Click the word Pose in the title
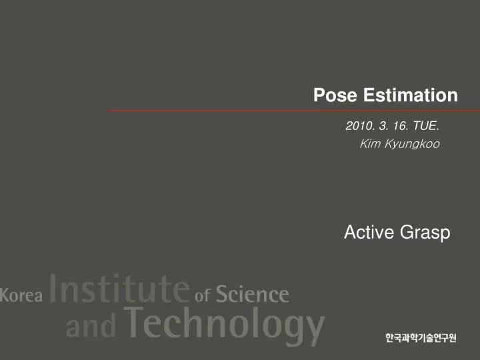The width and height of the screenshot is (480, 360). click(x=331, y=95)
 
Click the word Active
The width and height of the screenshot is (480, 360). click(x=369, y=232)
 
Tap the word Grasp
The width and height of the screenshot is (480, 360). click(x=425, y=233)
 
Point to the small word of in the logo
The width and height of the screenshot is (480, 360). click(x=203, y=295)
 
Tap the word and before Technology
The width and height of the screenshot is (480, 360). click(x=92, y=327)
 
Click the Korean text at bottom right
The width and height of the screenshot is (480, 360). click(x=421, y=338)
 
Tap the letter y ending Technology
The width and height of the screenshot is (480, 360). click(x=311, y=331)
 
